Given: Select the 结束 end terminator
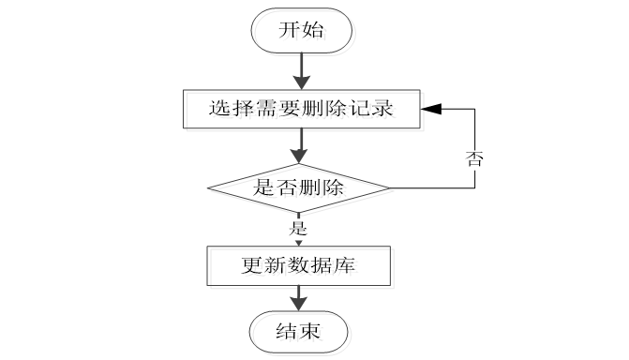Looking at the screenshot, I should click(300, 331).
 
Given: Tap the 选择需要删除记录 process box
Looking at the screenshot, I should click(300, 110).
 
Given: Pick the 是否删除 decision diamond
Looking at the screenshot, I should click(300, 187).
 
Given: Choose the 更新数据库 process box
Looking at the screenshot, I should click(299, 266).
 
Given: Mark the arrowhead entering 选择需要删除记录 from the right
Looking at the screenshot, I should click(427, 110).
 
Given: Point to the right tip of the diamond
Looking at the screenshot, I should click(391, 187).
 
